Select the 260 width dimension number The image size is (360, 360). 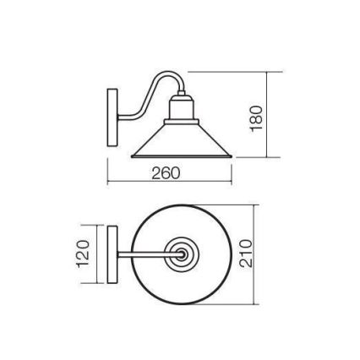pos(166,173)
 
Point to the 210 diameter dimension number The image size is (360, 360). pos(246,252)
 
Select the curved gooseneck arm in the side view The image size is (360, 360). pos(145,97)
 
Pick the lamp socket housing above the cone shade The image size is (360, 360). pos(181,110)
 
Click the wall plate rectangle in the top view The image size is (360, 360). pos(112,253)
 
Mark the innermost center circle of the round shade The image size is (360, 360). pos(181,253)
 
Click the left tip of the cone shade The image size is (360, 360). pos(133,155)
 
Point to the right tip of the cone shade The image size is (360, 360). pos(231,155)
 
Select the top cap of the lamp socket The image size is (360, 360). pos(181,94)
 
